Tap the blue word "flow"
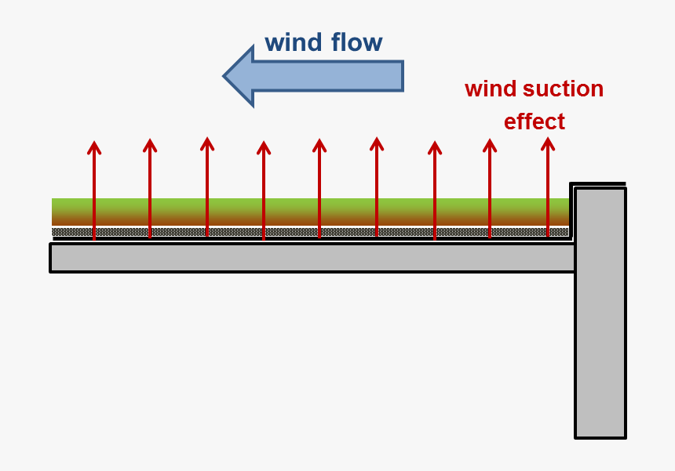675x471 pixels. (x=353, y=42)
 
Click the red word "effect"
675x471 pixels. (x=534, y=122)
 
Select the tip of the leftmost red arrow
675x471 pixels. (x=94, y=143)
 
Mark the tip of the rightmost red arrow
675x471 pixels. (x=548, y=140)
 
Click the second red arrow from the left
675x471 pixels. (x=150, y=188)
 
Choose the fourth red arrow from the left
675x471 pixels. (x=264, y=188)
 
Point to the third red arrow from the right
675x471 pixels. (x=434, y=188)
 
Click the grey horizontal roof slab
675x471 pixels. (x=314, y=258)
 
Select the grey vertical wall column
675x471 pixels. (x=600, y=329)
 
